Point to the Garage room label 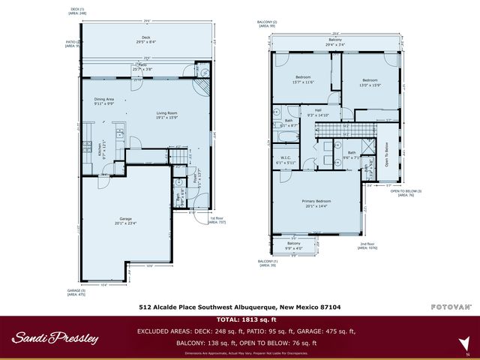click(x=129, y=220)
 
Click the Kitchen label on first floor click(x=100, y=148)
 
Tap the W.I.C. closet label click(x=286, y=159)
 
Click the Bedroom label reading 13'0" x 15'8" click(x=370, y=82)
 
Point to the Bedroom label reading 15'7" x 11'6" click(x=304, y=78)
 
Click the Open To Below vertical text click(x=388, y=154)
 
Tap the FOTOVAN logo click(x=450, y=307)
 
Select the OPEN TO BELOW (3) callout click(x=406, y=193)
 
